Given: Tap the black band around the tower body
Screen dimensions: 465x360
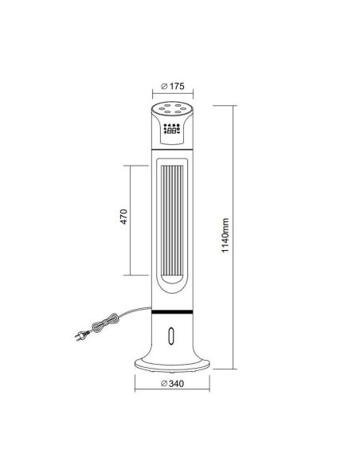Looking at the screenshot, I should (173, 306).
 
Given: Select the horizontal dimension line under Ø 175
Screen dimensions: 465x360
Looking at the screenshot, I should (173, 96).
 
